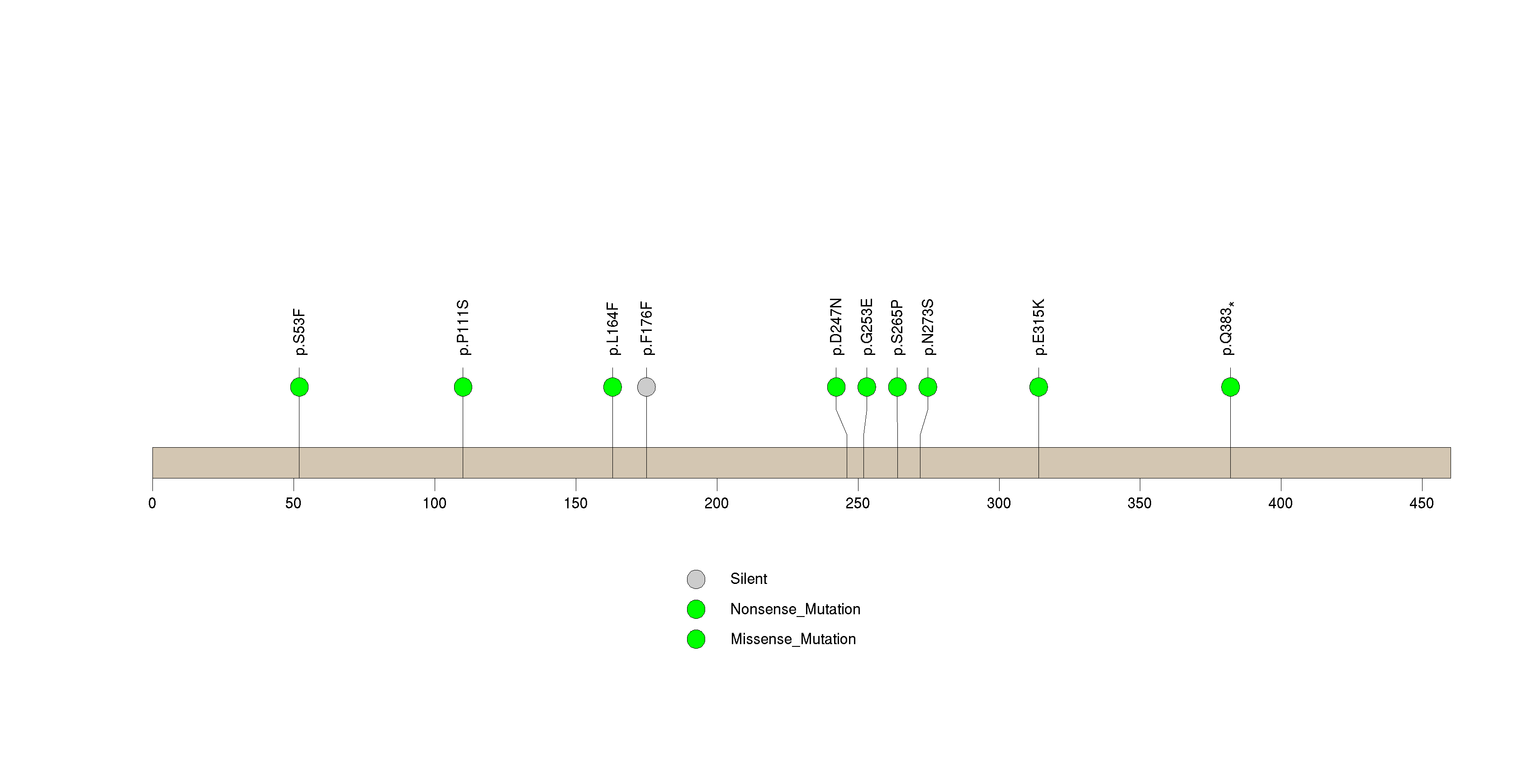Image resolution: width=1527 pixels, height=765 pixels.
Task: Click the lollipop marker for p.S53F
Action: pos(299,387)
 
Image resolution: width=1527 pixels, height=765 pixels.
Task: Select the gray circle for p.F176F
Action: pos(646,387)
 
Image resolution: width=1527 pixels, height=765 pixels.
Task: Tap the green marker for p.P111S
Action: pos(463,387)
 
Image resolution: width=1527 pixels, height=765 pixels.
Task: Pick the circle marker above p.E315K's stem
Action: pos(1039,387)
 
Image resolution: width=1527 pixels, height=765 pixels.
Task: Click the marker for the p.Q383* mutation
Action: pos(1231,387)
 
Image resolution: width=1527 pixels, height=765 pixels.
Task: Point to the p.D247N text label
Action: pos(836,327)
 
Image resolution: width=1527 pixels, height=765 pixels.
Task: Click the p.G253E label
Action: pos(867,327)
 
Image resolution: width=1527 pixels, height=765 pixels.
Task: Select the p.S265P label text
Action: pos(897,327)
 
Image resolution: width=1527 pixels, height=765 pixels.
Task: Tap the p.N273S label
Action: pos(928,327)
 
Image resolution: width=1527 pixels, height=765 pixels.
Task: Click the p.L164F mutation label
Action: pos(612,329)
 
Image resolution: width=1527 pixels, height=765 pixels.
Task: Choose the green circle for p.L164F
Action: pos(612,387)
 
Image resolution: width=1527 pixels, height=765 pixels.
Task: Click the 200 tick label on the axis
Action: pos(716,503)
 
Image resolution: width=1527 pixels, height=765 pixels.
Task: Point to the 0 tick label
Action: pos(152,503)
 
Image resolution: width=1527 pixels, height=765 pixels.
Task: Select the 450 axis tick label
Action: pos(1422,503)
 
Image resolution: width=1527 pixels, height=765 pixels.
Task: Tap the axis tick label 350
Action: pos(1139,503)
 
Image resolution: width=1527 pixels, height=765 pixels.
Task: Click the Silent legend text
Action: pos(749,579)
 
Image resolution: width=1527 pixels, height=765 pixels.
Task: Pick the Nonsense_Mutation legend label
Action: pos(795,609)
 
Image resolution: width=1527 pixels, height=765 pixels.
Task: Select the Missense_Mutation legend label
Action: pos(793,639)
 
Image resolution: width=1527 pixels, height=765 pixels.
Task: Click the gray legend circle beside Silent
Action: pos(696,579)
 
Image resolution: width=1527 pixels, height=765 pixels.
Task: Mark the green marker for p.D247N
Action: pos(836,387)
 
